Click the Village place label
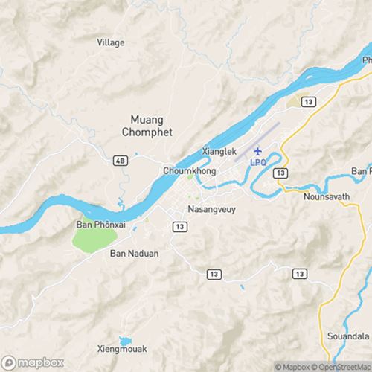tap(111, 42)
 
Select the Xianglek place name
tap(219, 151)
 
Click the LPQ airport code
tap(257, 161)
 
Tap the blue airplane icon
tap(258, 151)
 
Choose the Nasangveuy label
tap(211, 210)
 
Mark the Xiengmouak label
tap(122, 348)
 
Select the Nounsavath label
tap(326, 197)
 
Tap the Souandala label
tap(348, 336)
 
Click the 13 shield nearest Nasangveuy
tap(179, 225)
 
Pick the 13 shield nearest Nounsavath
tap(280, 173)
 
